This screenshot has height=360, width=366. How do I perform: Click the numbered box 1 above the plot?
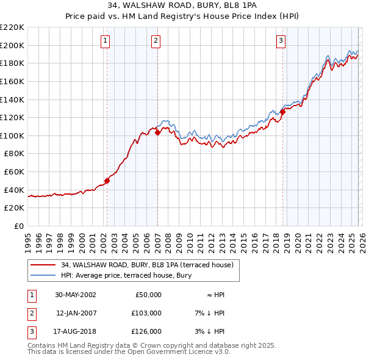tap(106, 41)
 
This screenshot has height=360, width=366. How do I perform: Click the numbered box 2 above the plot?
tap(156, 41)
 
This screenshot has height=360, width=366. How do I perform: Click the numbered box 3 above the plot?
tap(281, 41)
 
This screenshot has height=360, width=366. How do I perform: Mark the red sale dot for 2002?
tap(107, 181)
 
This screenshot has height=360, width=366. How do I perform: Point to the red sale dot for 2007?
tap(157, 132)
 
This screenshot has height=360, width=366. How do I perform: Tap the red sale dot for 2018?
tap(282, 112)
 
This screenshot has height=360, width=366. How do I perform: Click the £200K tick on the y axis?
tap(12, 45)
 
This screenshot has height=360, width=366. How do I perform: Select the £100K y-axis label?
tap(12, 135)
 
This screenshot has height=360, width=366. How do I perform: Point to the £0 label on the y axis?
tap(18, 226)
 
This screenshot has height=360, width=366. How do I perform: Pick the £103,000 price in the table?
tap(147, 313)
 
